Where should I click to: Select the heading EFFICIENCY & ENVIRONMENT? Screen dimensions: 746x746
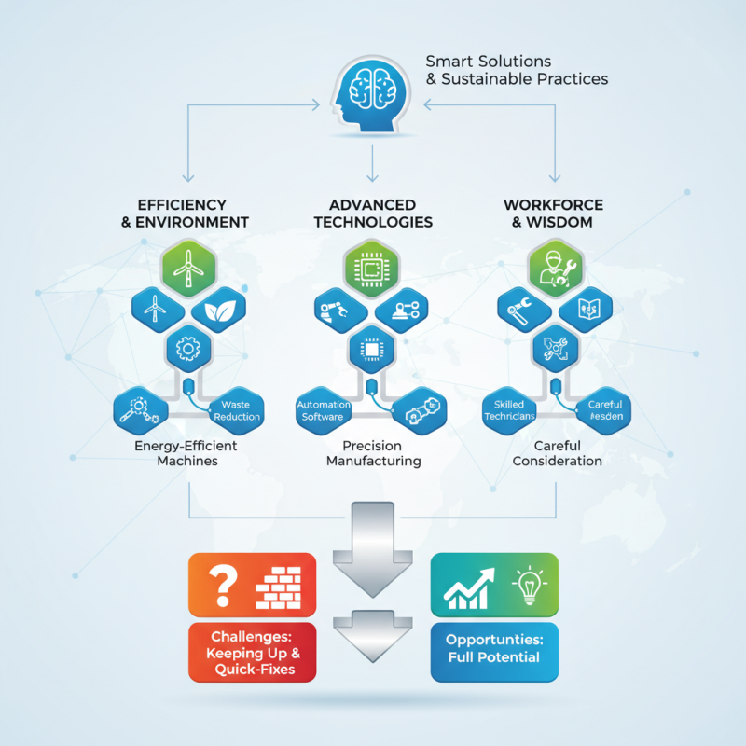pos(193,214)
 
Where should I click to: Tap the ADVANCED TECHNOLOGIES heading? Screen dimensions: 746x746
pos(373,214)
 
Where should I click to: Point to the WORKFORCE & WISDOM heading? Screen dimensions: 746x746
pos(553,214)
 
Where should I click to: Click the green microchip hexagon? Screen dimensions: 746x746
pos(372,267)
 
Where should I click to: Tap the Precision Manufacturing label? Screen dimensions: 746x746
pos(373,453)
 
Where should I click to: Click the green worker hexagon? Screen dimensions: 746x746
pos(556,267)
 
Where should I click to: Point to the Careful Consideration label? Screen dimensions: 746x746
pos(557,453)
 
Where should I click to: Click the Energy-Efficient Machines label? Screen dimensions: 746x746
pos(186,453)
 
